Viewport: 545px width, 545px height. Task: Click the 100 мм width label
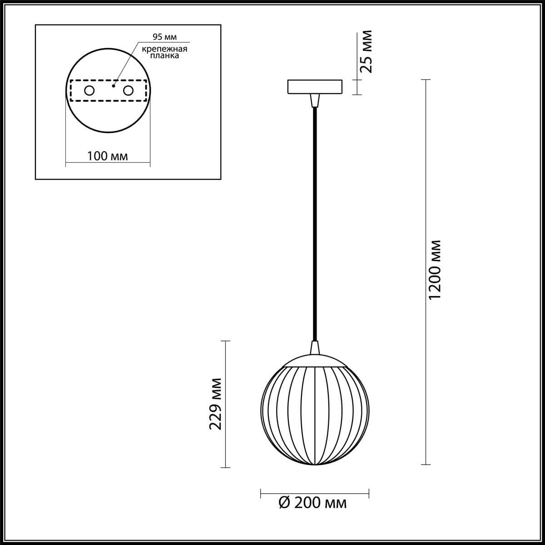click(x=107, y=156)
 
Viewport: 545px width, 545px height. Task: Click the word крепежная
click(x=164, y=49)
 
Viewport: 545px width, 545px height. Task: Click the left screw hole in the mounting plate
click(x=89, y=90)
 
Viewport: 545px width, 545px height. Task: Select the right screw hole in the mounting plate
click(x=129, y=90)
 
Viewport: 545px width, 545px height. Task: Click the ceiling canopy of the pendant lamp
click(x=314, y=87)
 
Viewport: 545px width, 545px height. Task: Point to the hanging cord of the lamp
click(x=314, y=223)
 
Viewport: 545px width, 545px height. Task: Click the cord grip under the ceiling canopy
click(x=314, y=100)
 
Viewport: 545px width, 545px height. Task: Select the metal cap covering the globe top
click(x=314, y=360)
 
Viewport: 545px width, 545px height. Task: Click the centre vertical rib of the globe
click(x=314, y=416)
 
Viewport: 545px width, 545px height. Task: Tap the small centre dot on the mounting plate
click(x=114, y=84)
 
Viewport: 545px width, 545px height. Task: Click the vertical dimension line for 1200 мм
click(x=425, y=363)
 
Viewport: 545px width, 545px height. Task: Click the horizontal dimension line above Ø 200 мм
click(x=314, y=492)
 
